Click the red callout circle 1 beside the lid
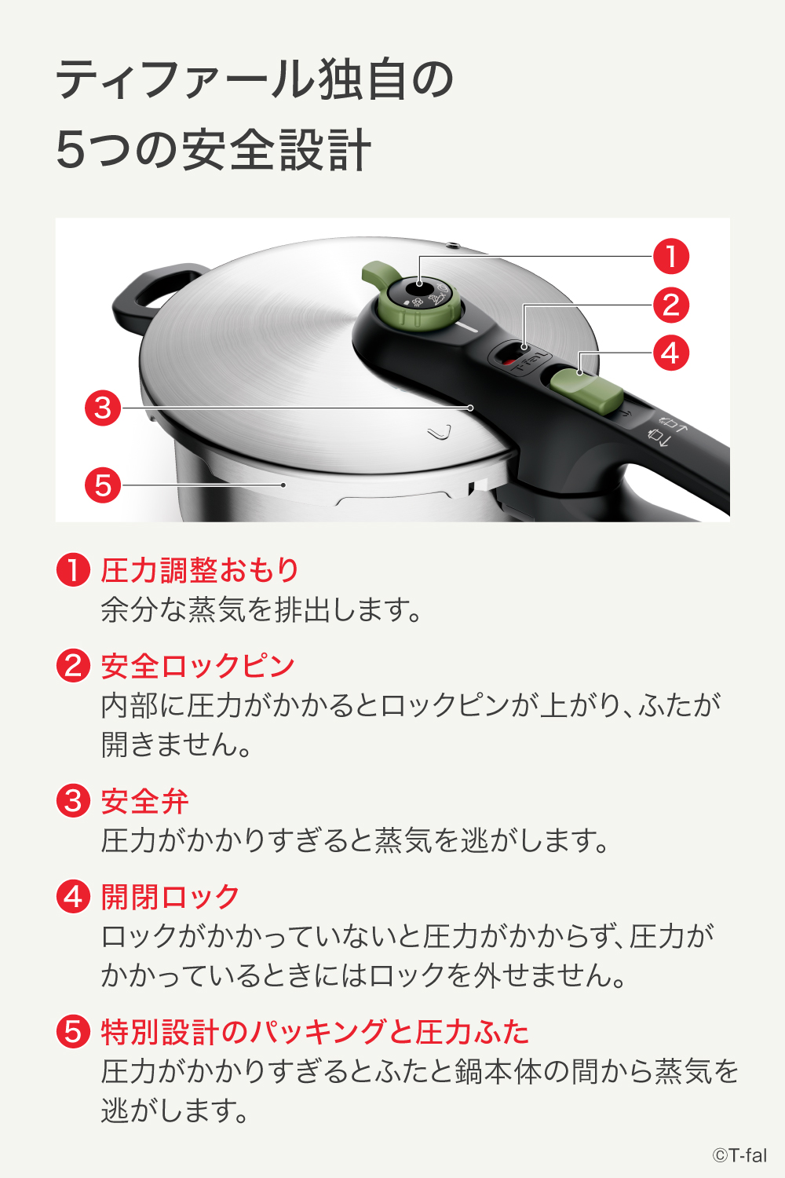(x=671, y=257)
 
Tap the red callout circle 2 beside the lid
(x=671, y=305)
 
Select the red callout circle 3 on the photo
(x=103, y=408)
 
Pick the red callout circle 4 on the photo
(x=671, y=353)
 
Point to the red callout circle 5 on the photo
(x=103, y=485)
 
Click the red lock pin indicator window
(x=511, y=360)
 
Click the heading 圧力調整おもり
(x=199, y=570)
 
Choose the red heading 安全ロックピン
(x=198, y=666)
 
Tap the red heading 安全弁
(x=144, y=801)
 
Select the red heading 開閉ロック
(x=170, y=897)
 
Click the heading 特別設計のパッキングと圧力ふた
(x=315, y=1032)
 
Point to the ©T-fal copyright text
(x=739, y=1155)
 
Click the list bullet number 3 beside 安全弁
(x=73, y=801)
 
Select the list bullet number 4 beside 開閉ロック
(x=73, y=896)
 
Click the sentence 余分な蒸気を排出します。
(x=262, y=609)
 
